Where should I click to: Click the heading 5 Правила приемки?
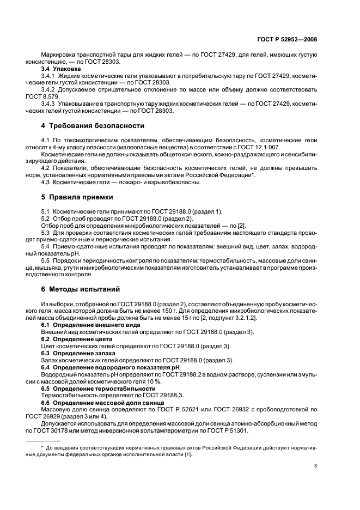[77, 197]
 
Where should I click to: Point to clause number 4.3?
[47, 182]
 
